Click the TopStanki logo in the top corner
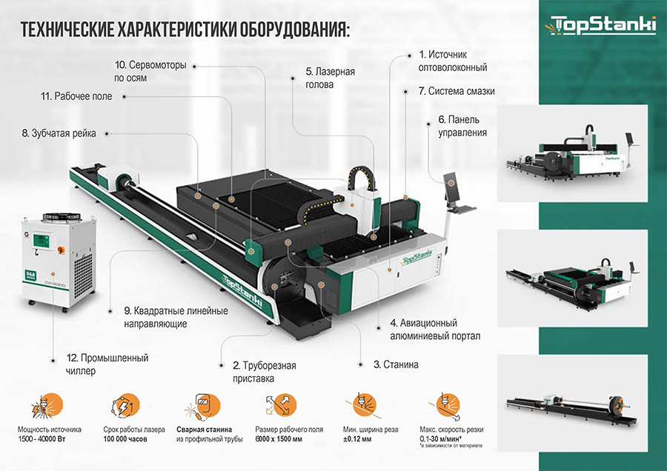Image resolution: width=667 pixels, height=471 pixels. click(603, 25)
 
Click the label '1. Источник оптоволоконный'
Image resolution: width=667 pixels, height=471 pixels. click(452, 61)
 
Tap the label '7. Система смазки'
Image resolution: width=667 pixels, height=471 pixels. click(456, 91)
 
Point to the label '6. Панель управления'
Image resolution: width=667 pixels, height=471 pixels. click(462, 127)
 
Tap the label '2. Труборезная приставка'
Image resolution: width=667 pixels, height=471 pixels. click(264, 372)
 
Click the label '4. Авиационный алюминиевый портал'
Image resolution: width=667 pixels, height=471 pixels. click(434, 330)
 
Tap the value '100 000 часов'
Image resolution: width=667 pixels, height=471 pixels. click(125, 439)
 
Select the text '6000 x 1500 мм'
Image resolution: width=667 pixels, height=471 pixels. click(278, 439)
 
